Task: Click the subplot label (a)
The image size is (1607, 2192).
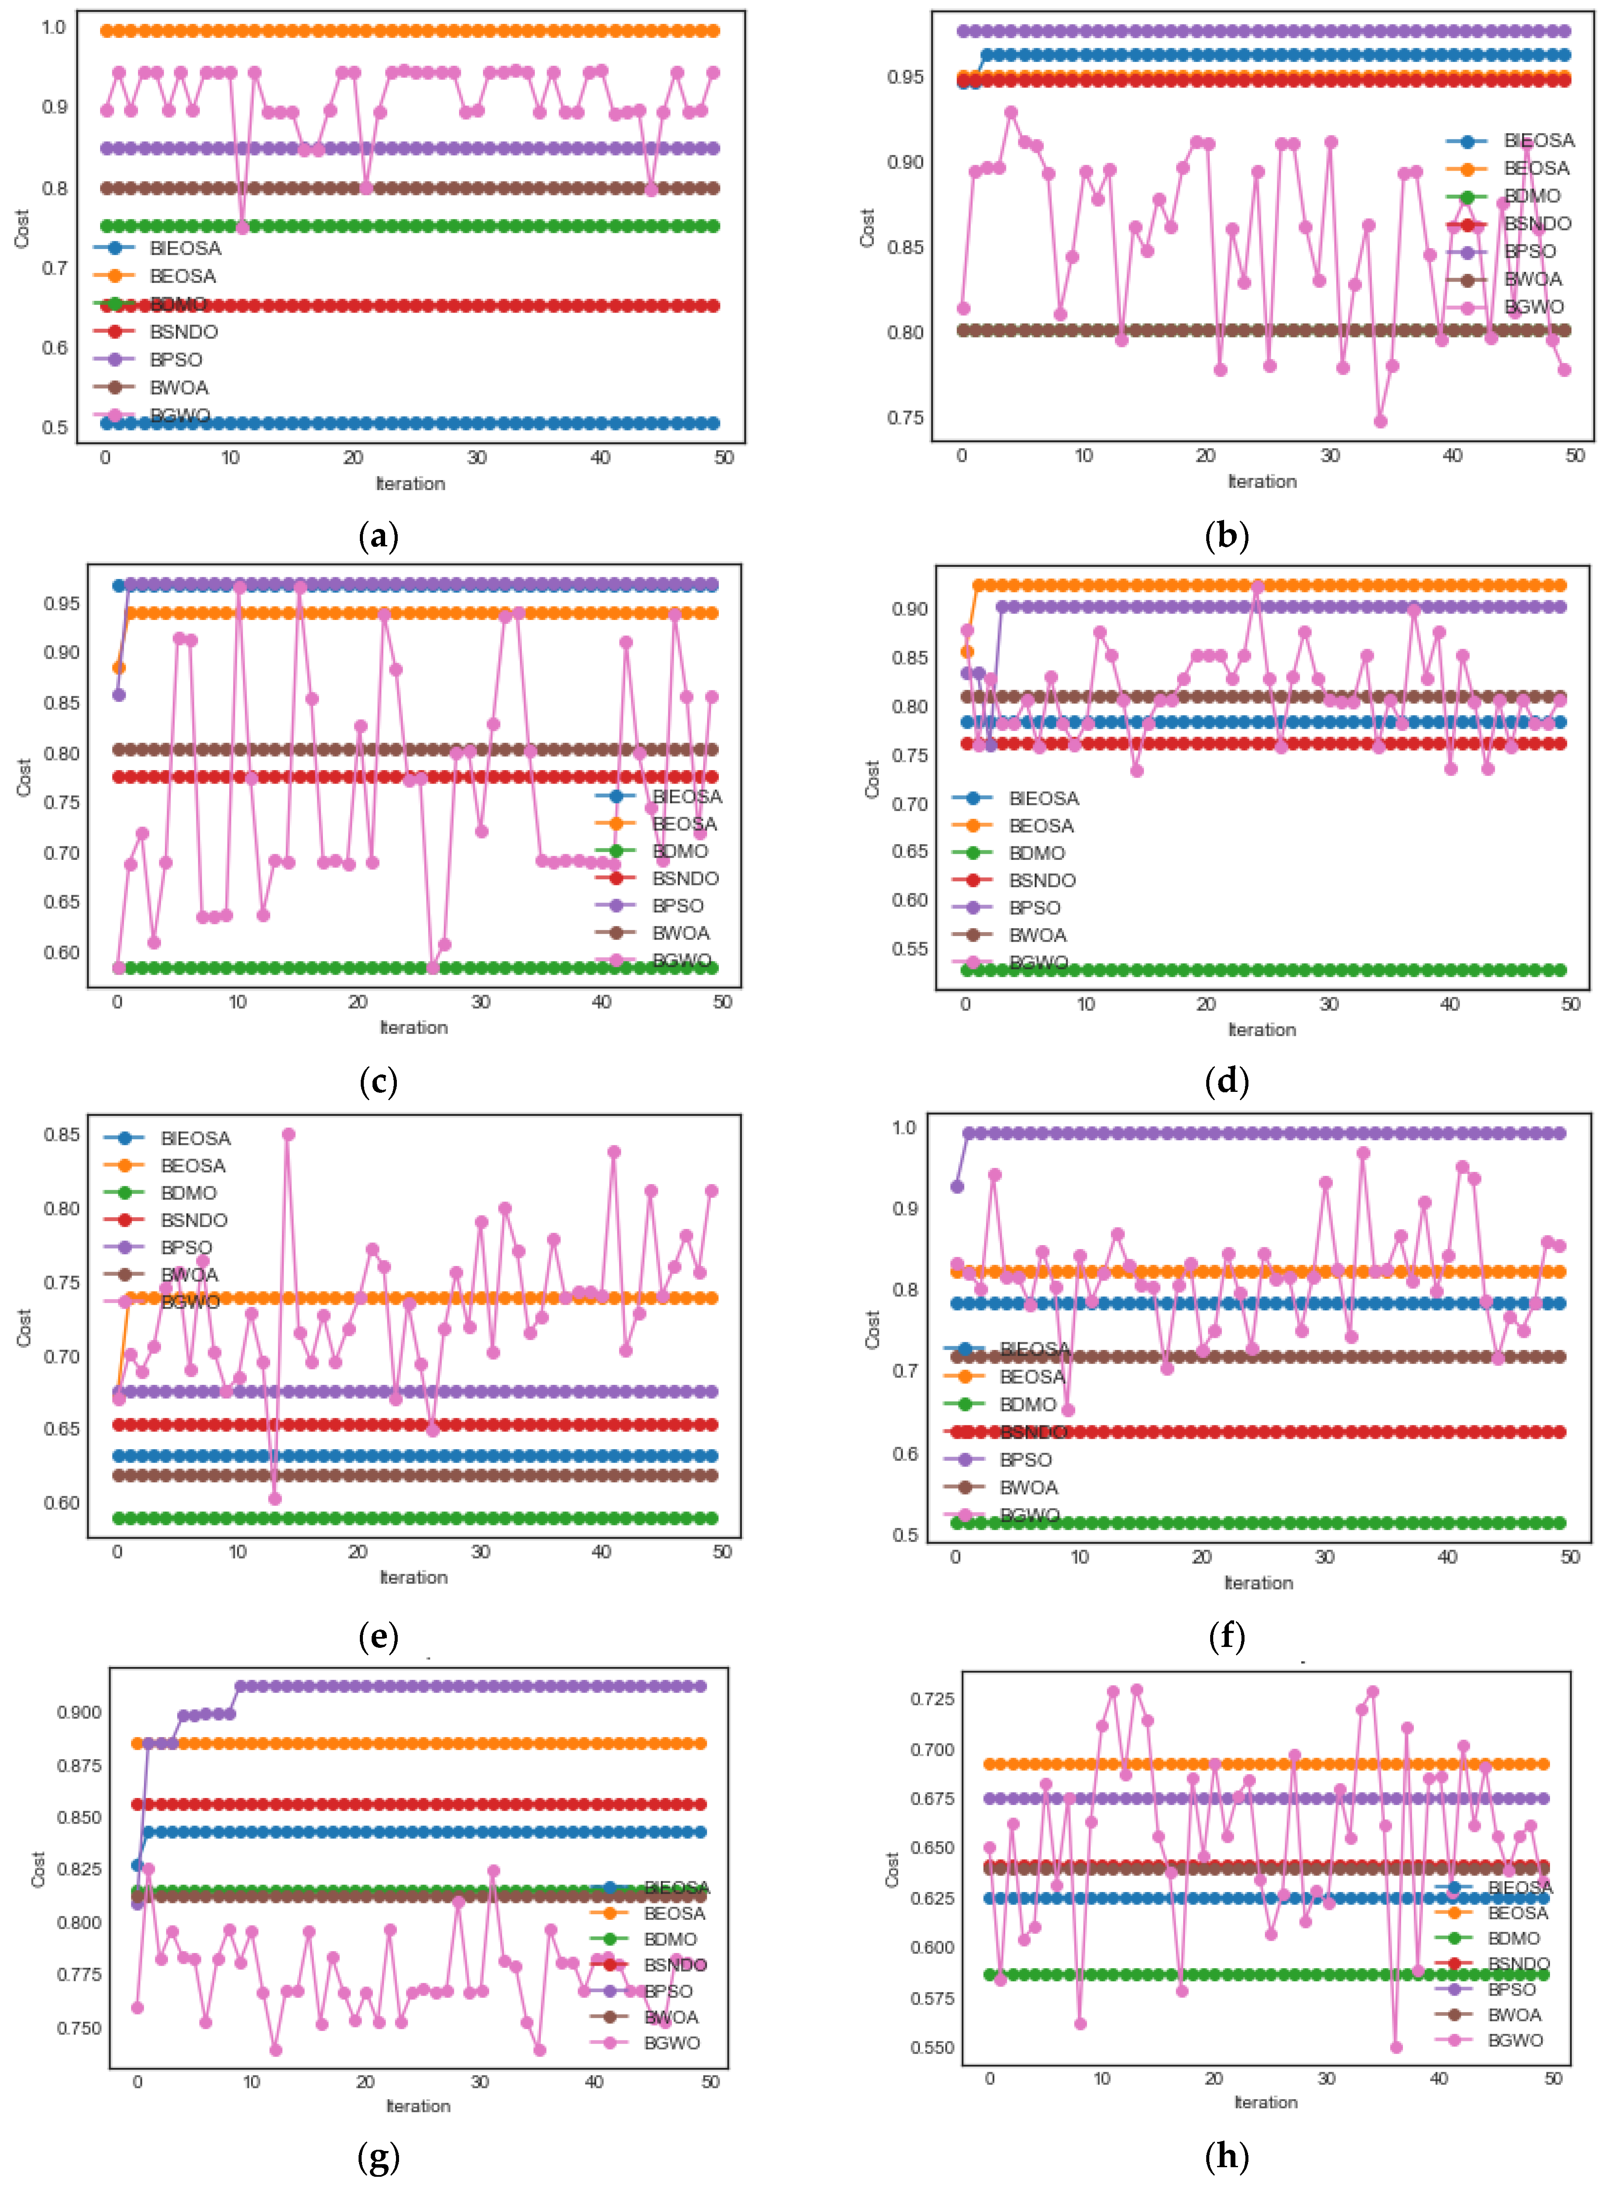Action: coord(379,536)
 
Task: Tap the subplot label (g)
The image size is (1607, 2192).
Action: coord(379,2157)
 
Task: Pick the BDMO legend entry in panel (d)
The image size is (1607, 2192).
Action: coord(1036,853)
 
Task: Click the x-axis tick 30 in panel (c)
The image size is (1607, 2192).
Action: coord(480,1002)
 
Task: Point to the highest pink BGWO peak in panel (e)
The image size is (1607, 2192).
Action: coord(288,1135)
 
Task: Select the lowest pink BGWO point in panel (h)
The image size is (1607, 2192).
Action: coord(1396,2047)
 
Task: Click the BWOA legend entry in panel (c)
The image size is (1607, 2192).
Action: coord(680,933)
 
